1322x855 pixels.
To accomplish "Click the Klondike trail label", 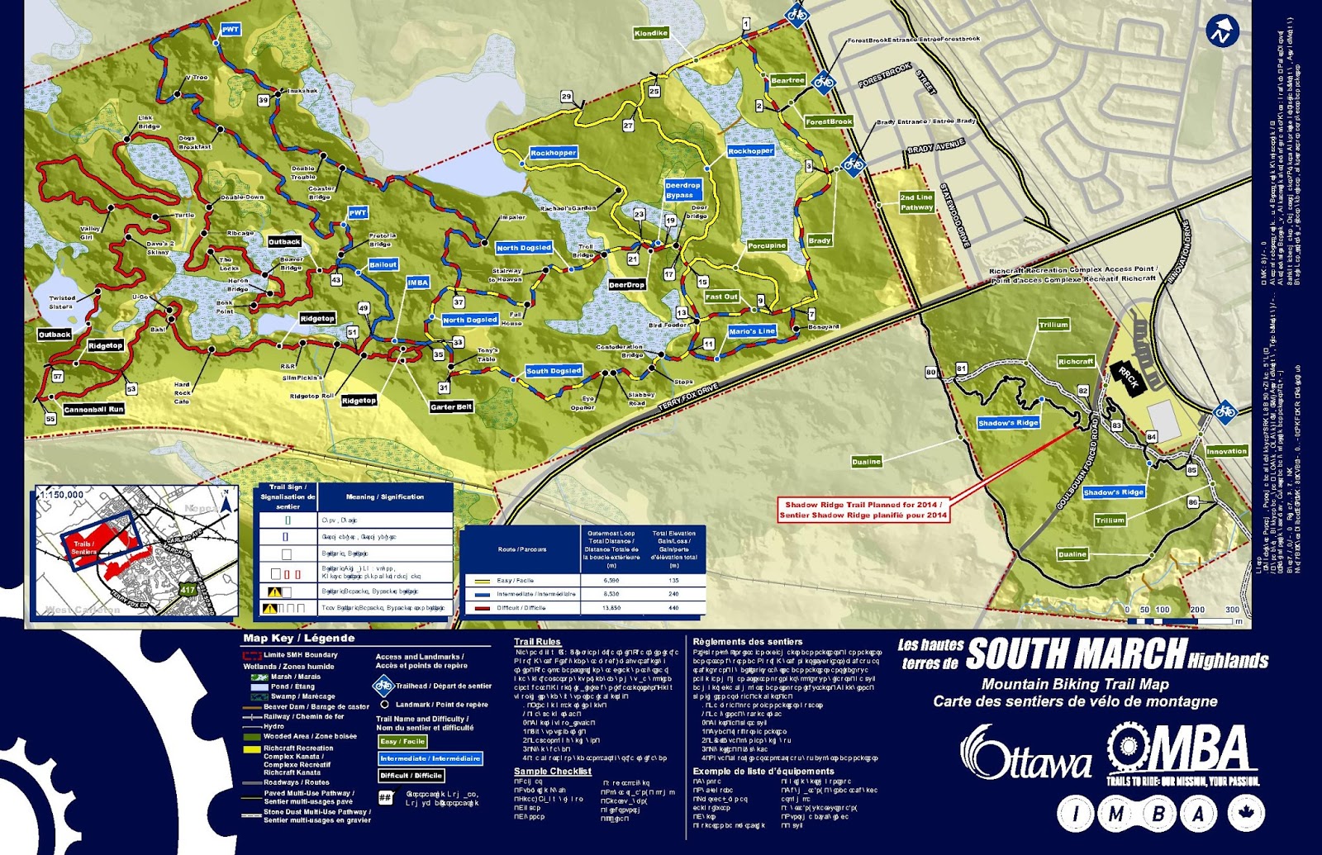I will [x=650, y=33].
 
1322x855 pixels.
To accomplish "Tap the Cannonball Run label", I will [x=93, y=409].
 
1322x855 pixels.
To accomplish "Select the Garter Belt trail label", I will [x=451, y=406].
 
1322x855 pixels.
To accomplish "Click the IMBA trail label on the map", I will [x=418, y=283].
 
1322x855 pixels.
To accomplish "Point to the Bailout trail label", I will [x=383, y=264].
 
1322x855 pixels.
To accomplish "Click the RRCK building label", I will [x=1129, y=377].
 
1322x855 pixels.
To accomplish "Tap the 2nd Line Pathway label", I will [x=916, y=202].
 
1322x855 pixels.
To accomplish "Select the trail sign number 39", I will [x=264, y=100].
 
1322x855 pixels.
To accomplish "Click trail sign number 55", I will [x=50, y=419].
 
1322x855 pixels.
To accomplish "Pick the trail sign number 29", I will [x=567, y=97].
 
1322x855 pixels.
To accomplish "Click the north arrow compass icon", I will [x=1221, y=32].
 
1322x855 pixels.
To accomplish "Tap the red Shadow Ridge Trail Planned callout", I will [x=863, y=510].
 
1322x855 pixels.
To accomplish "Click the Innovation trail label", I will [x=1226, y=451].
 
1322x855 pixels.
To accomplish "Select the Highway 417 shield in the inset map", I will [x=188, y=590].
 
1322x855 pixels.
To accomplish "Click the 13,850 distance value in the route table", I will [x=611, y=607].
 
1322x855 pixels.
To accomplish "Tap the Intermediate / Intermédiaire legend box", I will [x=430, y=758].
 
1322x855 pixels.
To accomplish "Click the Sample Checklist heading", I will [x=552, y=771].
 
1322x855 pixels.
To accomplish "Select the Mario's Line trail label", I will [x=752, y=331].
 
